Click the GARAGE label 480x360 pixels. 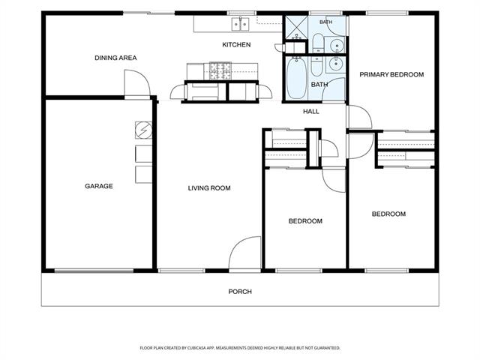tap(98, 186)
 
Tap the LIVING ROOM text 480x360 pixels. tap(209, 188)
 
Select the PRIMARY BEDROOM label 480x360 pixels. tap(391, 74)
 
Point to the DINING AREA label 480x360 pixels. tap(115, 58)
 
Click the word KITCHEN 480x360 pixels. tap(236, 45)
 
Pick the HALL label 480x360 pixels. tap(311, 112)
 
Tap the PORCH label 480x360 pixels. tap(240, 292)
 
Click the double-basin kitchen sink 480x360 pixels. tap(241, 24)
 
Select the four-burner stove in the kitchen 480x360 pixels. tap(220, 71)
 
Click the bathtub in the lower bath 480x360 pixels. tap(297, 78)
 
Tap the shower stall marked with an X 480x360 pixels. tap(297, 27)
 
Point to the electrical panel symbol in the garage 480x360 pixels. tap(143, 130)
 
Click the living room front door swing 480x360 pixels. tap(245, 253)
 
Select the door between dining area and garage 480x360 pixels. tap(137, 83)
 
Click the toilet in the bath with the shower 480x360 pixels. tap(318, 43)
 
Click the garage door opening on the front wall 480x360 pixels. tap(94, 271)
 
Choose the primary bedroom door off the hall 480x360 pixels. tap(359, 117)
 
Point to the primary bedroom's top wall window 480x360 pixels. tap(387, 13)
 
